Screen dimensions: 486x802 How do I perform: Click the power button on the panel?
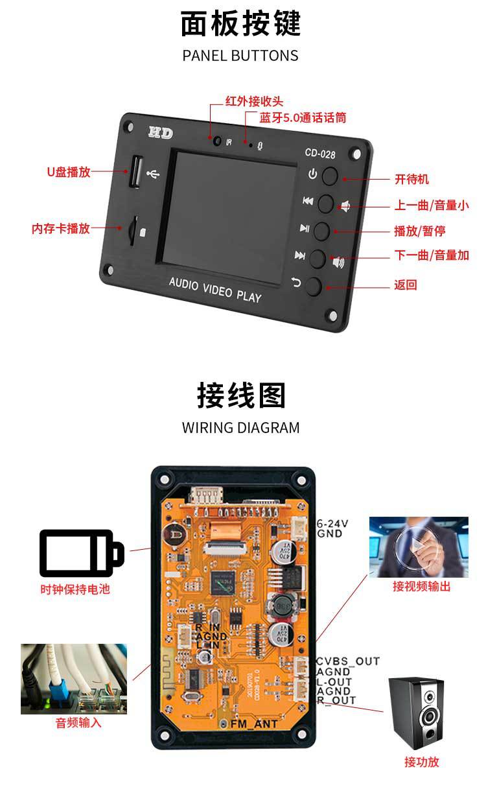pos(331,175)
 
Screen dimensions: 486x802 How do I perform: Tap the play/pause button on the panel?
pos(323,230)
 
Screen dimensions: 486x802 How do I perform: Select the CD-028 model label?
pos(319,154)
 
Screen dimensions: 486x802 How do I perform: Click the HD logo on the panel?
pos(160,132)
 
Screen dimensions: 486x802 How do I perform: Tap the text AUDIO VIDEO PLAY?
pos(215,290)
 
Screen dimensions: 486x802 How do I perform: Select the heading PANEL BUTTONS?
pos(240,55)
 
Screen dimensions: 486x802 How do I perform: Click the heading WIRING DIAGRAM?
pos(240,428)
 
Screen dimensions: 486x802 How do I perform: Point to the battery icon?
pos(81,553)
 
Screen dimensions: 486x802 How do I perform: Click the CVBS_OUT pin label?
pos(348,661)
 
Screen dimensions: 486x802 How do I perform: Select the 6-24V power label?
pos(333,524)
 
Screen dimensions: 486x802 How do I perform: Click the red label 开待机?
pos(411,179)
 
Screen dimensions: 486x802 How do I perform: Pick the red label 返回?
pos(405,285)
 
